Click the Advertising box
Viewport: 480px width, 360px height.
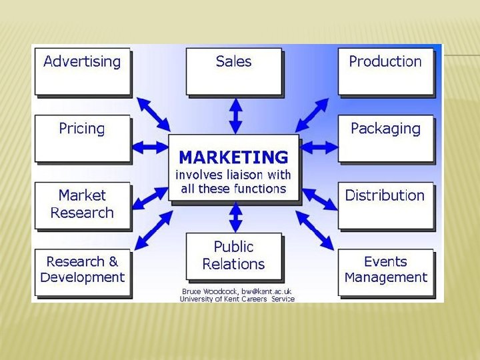(82, 70)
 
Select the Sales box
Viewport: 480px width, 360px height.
(233, 70)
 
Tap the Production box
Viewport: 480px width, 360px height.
(385, 70)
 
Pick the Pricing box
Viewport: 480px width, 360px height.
(82, 138)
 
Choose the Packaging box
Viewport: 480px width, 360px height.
(385, 138)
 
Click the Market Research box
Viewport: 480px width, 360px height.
(82, 205)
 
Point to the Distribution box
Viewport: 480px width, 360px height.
(385, 205)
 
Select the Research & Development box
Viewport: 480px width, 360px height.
(82, 271)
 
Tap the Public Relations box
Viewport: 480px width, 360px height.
(233, 256)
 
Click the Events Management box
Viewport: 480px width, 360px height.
(385, 271)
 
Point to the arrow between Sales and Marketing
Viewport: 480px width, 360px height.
(235, 116)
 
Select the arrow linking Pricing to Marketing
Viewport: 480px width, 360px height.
(149, 145)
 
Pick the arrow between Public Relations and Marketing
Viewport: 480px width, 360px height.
(235, 217)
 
